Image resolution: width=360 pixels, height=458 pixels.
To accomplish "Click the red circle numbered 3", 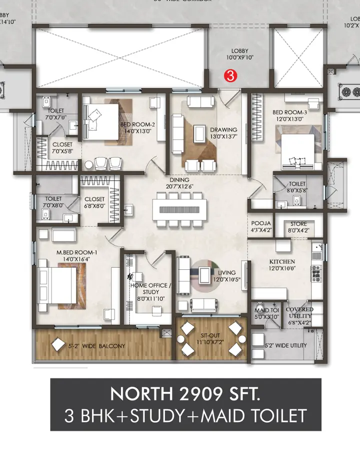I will coord(230,76).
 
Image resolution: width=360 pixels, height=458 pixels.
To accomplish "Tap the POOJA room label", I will coord(261,223).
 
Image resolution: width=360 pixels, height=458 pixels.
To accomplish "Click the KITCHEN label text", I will coord(282,262).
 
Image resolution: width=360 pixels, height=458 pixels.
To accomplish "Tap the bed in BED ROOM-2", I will coord(105,118).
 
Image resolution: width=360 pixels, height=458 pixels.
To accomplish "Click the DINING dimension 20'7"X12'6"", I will coord(179,187).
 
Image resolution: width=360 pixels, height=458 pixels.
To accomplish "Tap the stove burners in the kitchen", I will coord(316,274).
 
